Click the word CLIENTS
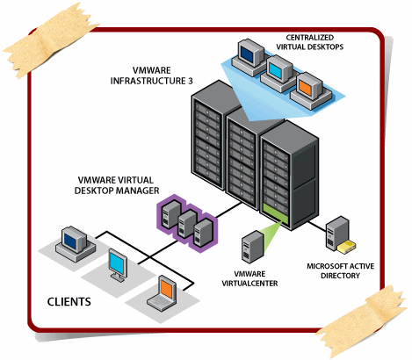tap(69, 302)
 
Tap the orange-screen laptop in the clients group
tap(162, 293)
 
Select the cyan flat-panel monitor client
tap(118, 265)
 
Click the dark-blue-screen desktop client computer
tap(76, 244)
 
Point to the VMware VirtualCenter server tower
tap(252, 247)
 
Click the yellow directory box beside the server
tap(347, 247)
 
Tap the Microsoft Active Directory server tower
tap(337, 234)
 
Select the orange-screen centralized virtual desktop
tap(310, 90)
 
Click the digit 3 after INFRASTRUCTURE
tap(191, 81)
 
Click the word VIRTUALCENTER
tap(249, 284)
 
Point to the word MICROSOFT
tap(325, 266)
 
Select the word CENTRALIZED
tap(310, 38)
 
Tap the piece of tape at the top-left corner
tap(50, 41)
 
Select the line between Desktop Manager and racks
tap(229, 210)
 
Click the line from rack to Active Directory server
tap(317, 227)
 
